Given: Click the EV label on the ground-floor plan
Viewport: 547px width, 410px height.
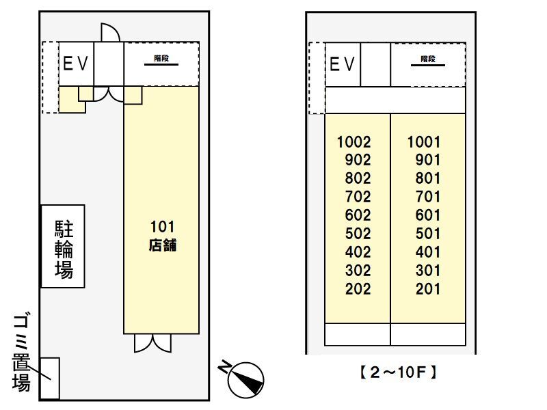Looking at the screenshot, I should click(76, 64).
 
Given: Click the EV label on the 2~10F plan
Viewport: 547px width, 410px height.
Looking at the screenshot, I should click(343, 64).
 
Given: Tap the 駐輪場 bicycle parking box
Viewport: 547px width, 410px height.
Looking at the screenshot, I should click(63, 247).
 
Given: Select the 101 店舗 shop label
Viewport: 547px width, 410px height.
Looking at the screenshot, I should click(162, 236).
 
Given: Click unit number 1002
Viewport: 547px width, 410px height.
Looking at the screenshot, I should click(354, 143).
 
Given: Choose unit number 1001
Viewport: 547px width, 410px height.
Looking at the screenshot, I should click(424, 143).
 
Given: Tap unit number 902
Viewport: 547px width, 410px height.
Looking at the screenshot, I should click(358, 161).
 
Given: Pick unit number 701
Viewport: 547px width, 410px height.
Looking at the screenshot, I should click(428, 197).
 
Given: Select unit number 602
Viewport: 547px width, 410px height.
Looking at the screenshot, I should click(358, 215).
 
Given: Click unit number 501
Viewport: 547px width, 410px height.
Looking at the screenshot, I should click(428, 234).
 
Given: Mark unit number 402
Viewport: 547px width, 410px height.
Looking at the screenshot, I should click(358, 252).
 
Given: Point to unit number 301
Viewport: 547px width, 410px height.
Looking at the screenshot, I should click(428, 271).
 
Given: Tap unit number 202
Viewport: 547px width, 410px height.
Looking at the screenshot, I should click(358, 289).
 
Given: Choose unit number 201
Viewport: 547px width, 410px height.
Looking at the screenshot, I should click(428, 289).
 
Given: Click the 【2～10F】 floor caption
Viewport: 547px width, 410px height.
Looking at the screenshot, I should click(397, 373).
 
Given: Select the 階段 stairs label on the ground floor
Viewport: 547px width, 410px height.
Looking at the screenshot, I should click(161, 59).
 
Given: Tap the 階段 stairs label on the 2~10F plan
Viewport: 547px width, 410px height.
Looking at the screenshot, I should click(428, 59).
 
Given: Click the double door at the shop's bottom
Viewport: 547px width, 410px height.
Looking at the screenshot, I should click(152, 342).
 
